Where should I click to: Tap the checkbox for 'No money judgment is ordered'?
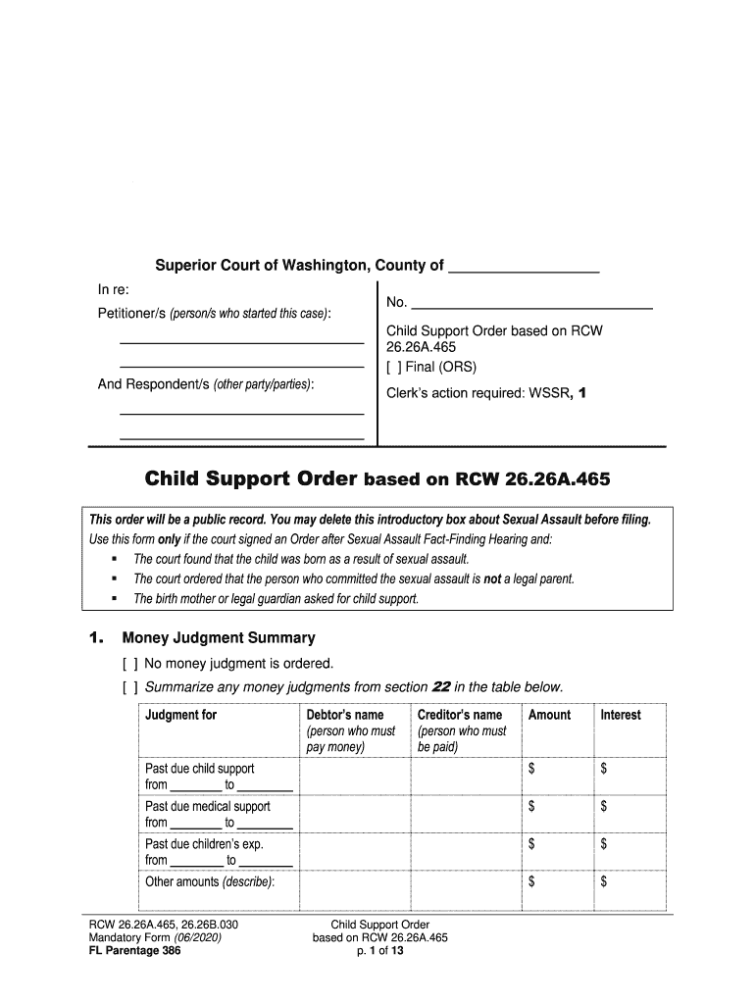129,663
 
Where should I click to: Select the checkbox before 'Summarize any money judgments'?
129,685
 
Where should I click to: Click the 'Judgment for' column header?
181,715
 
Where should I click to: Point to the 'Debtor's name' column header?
345,715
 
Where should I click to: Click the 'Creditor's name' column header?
459,715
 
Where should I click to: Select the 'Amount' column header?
549,715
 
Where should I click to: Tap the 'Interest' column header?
621,715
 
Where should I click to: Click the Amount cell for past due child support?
556,777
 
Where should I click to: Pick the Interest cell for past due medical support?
629,814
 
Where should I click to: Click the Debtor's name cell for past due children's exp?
354,851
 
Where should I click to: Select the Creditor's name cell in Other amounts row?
465,890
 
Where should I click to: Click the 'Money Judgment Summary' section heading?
218,638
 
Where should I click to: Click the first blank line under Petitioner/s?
241,340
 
